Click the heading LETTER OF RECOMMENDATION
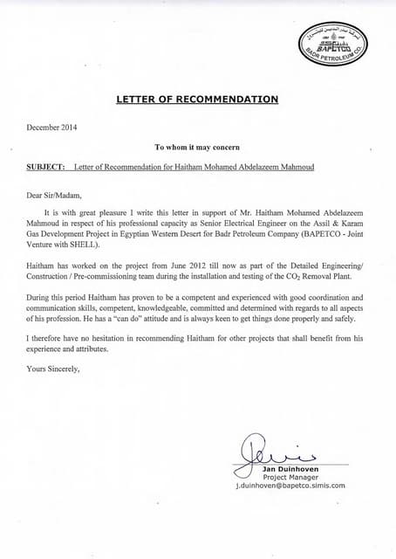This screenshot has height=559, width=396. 197,100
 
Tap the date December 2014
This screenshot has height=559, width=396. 52,128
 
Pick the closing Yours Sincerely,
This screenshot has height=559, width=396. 54,368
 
